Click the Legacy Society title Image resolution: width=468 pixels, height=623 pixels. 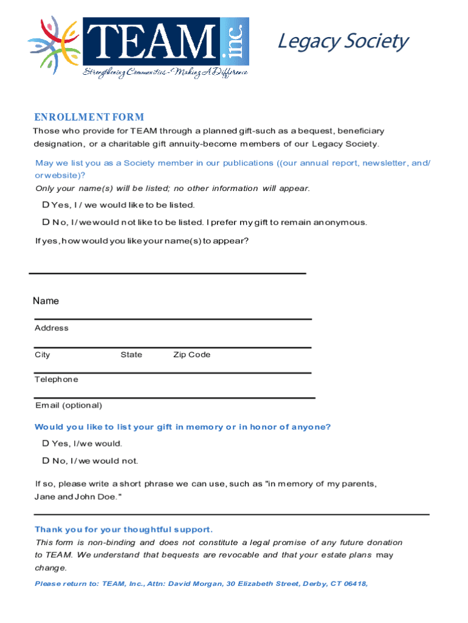point(342,41)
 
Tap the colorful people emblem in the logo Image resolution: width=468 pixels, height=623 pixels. point(53,44)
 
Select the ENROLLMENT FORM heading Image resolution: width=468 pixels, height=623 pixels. point(89,117)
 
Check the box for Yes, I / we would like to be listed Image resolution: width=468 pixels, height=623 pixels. point(46,205)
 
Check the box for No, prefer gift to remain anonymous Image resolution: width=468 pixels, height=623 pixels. point(46,222)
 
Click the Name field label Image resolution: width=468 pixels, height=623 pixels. point(46,301)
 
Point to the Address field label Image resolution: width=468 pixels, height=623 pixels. point(52,328)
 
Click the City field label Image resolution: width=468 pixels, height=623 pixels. point(43,355)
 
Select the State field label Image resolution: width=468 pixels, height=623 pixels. point(131,355)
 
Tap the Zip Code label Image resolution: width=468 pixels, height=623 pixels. point(191,355)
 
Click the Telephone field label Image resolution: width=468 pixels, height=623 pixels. point(57,380)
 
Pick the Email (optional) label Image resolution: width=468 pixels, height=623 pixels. point(68,405)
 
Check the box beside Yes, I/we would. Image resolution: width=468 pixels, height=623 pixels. point(46,444)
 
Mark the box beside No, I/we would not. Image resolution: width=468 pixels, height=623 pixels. point(46,461)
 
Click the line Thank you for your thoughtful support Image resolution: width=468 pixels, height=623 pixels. point(123,529)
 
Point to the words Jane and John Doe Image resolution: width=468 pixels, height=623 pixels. point(78,497)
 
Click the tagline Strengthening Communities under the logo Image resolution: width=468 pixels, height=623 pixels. point(165,73)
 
